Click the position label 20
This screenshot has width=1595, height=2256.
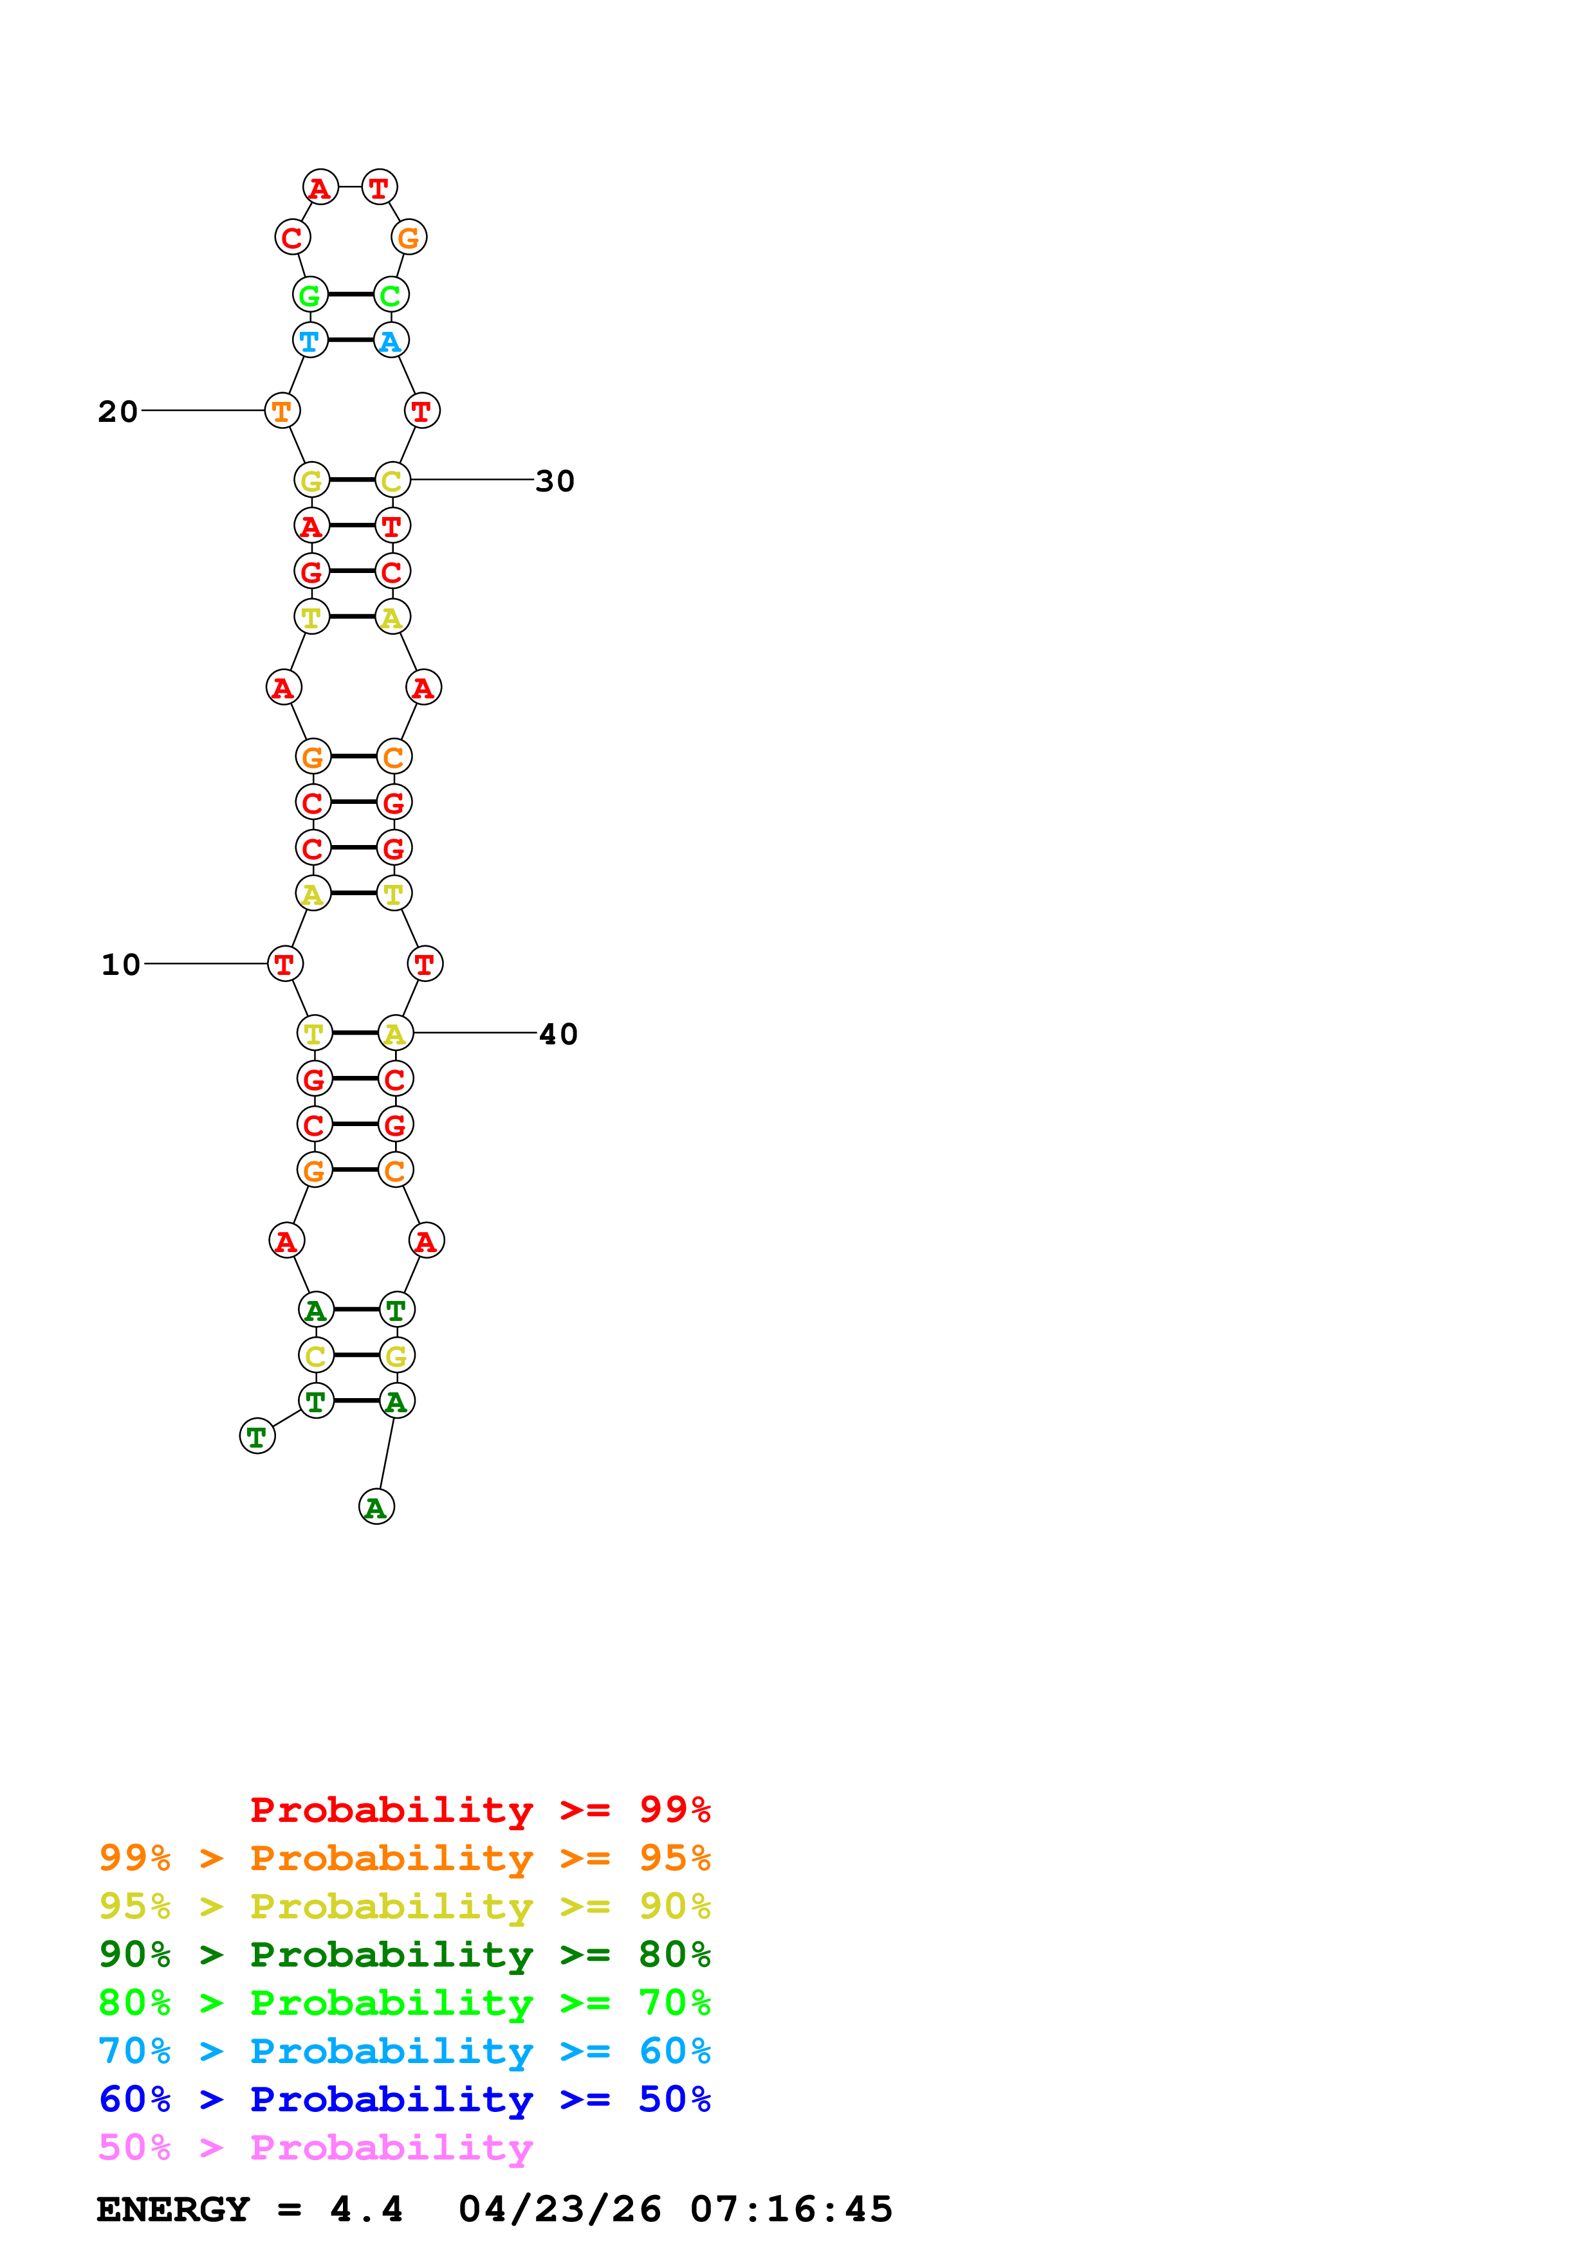(118, 411)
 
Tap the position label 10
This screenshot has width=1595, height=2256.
(121, 964)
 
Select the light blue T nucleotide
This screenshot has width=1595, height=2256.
(309, 341)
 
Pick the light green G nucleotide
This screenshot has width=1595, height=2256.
(309, 295)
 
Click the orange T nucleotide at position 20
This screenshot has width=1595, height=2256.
(282, 411)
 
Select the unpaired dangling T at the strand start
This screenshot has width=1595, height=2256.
(257, 1437)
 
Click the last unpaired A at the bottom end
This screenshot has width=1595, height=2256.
(376, 1507)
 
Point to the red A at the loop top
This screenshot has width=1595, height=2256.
(320, 188)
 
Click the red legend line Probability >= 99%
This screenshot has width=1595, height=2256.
(479, 1809)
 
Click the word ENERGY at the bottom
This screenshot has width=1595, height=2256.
(173, 2209)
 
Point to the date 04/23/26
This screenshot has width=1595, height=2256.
(559, 2209)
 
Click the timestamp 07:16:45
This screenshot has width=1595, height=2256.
(791, 2209)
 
